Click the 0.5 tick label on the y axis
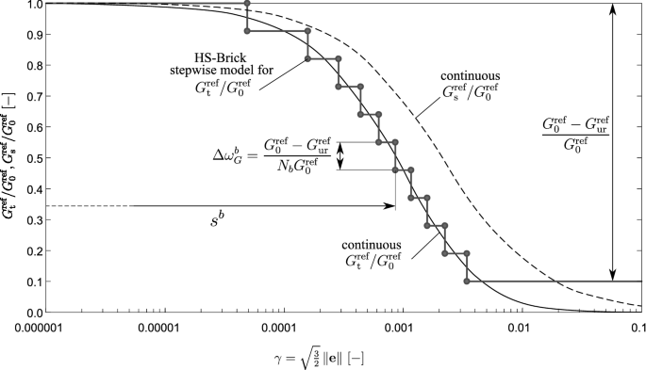coord(34,158)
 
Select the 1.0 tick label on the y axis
coord(34,4)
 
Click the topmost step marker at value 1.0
coord(247,4)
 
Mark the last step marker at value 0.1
coord(468,282)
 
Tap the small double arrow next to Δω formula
coord(342,156)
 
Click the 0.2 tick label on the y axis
coord(34,250)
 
